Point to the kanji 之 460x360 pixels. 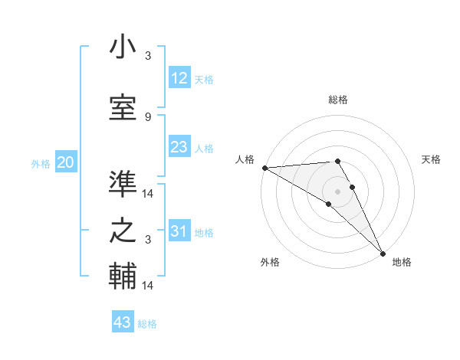click(123, 231)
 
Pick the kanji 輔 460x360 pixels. click(123, 276)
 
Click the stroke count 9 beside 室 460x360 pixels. click(147, 116)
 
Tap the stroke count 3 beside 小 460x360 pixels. click(148, 55)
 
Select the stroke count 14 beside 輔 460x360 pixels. click(149, 285)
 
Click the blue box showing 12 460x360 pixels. click(179, 78)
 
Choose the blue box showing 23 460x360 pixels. click(179, 147)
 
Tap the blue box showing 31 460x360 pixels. click(179, 231)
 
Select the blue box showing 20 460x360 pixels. click(66, 162)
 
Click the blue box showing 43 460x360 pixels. click(123, 322)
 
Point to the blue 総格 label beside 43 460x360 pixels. click(147, 324)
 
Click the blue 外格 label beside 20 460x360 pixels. click(41, 164)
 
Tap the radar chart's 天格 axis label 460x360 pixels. click(432, 159)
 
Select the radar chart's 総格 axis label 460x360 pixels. click(338, 100)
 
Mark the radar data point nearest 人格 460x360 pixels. click(264, 167)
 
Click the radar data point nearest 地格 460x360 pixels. click(383, 253)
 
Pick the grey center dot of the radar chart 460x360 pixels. click(337, 191)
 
